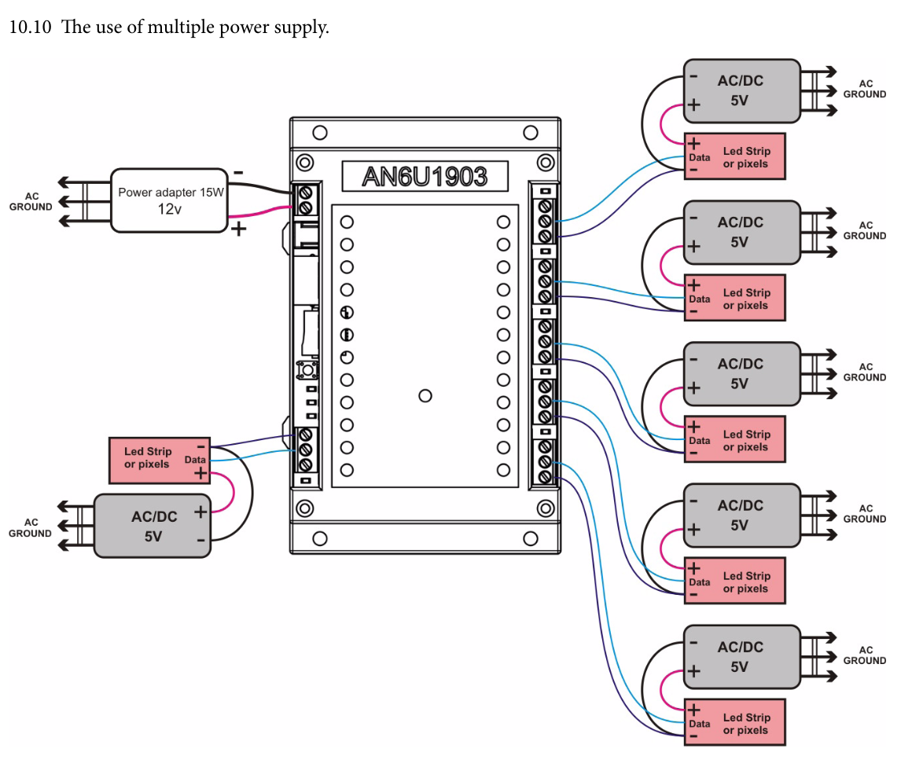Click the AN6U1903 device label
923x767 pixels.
pyautogui.click(x=424, y=176)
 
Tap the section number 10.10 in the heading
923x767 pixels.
pyautogui.click(x=29, y=28)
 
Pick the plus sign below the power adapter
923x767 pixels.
pyautogui.click(x=237, y=229)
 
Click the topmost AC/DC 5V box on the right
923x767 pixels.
pyautogui.click(x=741, y=90)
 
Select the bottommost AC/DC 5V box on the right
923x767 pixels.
pyautogui.click(x=741, y=657)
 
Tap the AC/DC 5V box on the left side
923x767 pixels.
pyautogui.click(x=153, y=526)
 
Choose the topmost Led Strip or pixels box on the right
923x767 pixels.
pyautogui.click(x=735, y=157)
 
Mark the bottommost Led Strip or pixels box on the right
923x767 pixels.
pyautogui.click(x=735, y=723)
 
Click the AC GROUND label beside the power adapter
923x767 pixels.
pyautogui.click(x=31, y=201)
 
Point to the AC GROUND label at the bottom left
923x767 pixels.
pyautogui.click(x=31, y=527)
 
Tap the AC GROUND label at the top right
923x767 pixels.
pyautogui.click(x=865, y=89)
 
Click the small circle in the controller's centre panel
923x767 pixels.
pyautogui.click(x=425, y=395)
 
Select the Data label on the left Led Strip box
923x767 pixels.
pyautogui.click(x=195, y=460)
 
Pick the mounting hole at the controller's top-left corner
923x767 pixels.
pyautogui.click(x=319, y=132)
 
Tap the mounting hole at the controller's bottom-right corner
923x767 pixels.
pyautogui.click(x=530, y=539)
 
